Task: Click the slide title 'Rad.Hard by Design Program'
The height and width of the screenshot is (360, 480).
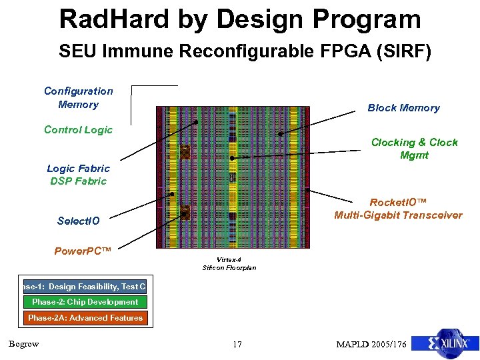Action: tap(240, 19)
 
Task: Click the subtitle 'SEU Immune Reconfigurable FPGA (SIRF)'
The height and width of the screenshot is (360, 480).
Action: tap(245, 51)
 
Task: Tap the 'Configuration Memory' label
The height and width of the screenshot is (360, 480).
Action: tap(79, 97)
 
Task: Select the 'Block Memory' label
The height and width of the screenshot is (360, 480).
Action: tap(403, 108)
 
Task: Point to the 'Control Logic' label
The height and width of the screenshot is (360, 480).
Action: tap(78, 130)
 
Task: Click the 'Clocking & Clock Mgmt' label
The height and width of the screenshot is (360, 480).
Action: tap(414, 149)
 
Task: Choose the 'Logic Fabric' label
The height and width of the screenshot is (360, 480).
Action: tap(78, 169)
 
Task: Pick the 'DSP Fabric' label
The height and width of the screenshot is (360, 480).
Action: tap(78, 181)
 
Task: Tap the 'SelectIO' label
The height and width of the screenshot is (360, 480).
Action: tap(78, 221)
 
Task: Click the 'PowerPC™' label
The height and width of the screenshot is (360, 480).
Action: tap(82, 251)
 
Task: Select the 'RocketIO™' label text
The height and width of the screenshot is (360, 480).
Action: tap(397, 202)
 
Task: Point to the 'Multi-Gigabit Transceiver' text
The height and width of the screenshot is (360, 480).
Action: tap(397, 215)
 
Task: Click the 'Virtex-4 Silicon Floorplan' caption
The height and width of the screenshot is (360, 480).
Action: tap(229, 264)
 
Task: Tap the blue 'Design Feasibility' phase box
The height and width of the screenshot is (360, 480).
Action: tap(84, 287)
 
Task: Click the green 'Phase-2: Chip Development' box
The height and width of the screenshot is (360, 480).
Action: tap(85, 302)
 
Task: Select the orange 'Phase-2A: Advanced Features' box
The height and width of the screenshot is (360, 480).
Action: tap(85, 318)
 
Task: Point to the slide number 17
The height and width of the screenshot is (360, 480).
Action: tap(237, 345)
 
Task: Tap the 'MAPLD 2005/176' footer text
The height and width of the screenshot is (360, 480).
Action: tap(371, 345)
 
